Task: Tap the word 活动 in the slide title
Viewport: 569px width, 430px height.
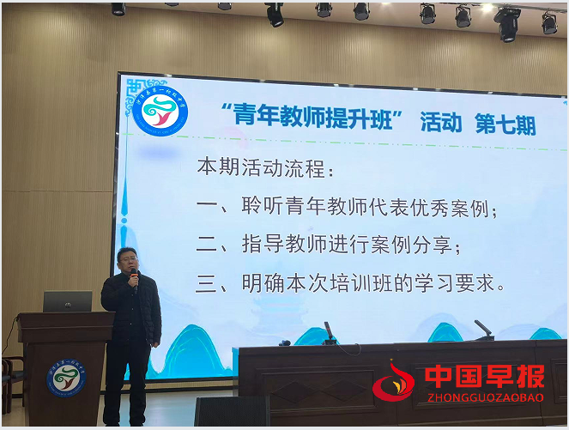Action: point(439,121)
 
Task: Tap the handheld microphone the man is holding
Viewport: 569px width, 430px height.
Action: point(134,276)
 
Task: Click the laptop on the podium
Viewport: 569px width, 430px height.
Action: point(67,301)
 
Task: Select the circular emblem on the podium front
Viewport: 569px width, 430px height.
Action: point(66,379)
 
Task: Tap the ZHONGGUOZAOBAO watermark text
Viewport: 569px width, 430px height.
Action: point(484,397)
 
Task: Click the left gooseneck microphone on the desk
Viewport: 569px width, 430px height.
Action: point(329,333)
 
